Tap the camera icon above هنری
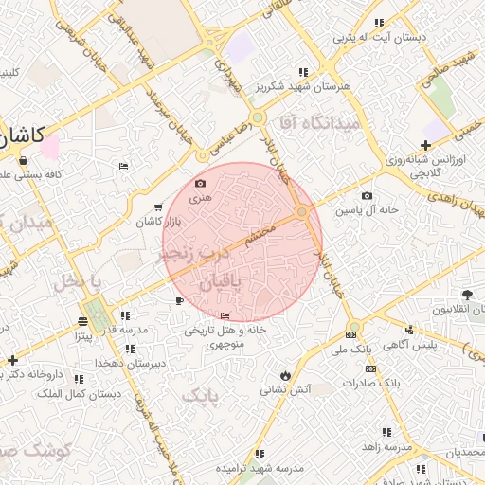(x=200, y=183)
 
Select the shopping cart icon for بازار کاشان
(x=157, y=207)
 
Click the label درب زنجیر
(x=193, y=256)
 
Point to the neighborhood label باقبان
(x=222, y=283)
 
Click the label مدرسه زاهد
(x=386, y=445)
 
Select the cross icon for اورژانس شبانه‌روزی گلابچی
(x=426, y=146)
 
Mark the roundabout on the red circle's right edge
(x=302, y=213)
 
